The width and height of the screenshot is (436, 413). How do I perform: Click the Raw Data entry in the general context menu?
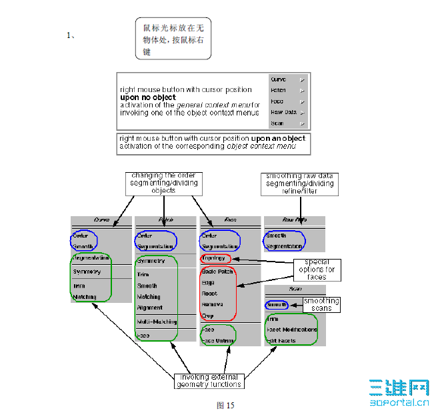click(x=283, y=112)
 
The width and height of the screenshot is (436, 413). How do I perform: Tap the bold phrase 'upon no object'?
click(x=148, y=97)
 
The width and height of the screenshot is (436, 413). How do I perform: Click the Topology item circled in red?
click(x=214, y=258)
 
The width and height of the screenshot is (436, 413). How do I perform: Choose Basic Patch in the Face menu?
click(x=217, y=272)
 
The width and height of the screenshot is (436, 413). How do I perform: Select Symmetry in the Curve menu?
click(x=87, y=272)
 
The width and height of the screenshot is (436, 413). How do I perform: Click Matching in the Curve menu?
click(x=85, y=297)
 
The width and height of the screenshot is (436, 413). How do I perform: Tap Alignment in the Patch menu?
click(x=150, y=308)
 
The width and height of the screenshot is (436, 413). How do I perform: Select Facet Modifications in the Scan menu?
click(x=292, y=330)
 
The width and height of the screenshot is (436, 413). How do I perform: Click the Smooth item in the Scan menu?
click(x=277, y=305)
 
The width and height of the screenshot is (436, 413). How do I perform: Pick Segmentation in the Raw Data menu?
click(x=285, y=246)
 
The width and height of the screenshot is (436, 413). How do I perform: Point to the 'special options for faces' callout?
click(x=317, y=269)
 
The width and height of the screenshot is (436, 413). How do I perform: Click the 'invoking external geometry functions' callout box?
click(x=209, y=380)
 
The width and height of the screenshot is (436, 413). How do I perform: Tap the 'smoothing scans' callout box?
click(x=321, y=304)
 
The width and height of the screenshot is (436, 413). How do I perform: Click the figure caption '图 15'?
click(x=225, y=405)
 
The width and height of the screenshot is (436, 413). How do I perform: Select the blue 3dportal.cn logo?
click(x=399, y=392)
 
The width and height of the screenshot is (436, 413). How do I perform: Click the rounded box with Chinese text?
click(x=173, y=39)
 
